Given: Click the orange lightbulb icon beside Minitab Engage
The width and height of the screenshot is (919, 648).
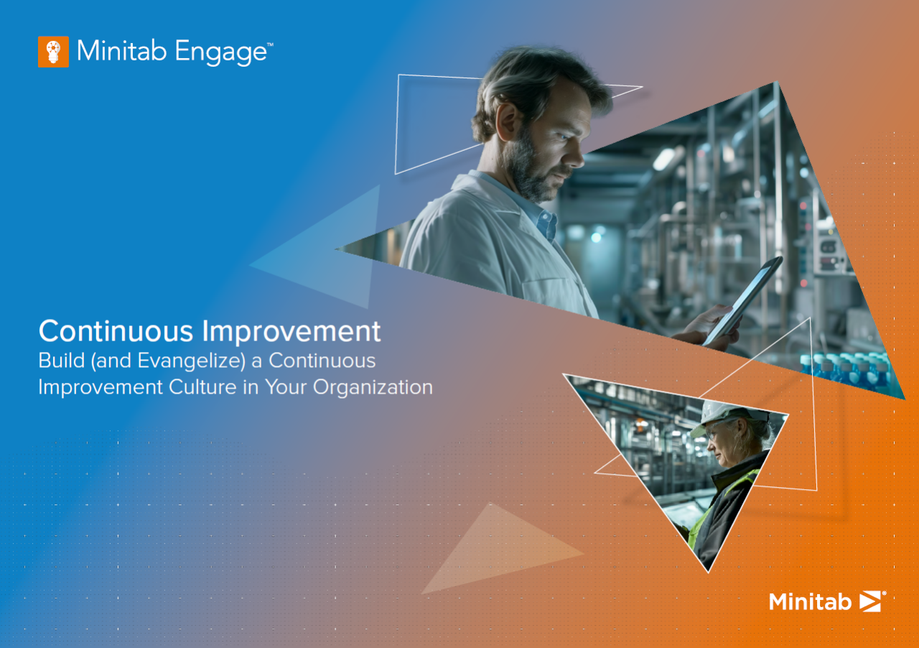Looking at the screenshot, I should (53, 52).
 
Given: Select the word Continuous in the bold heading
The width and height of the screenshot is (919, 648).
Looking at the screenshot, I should (116, 331).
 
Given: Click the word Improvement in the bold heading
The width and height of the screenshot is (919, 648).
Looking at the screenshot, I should (291, 331).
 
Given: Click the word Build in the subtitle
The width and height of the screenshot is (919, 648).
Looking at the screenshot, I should (57, 359).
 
